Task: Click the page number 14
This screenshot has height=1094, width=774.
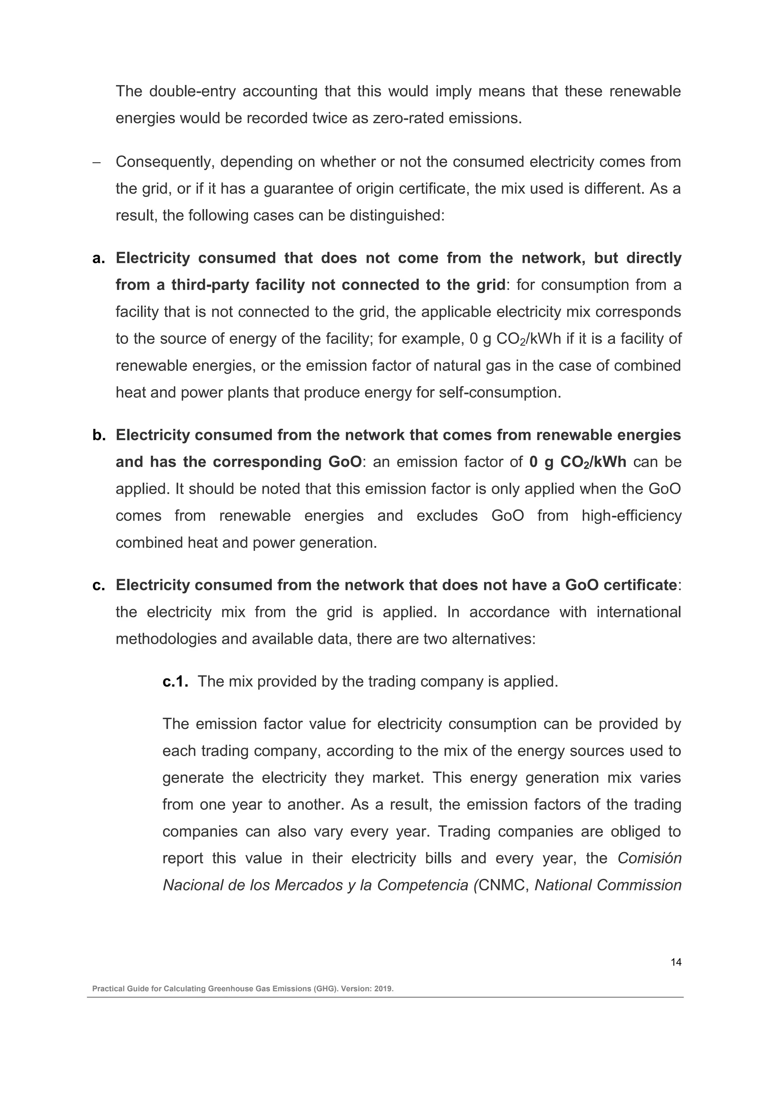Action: coord(676,962)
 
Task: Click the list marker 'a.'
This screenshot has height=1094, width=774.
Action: coord(99,258)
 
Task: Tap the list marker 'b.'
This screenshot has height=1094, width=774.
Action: coord(99,435)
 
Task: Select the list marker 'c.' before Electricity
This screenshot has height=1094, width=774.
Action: coord(99,585)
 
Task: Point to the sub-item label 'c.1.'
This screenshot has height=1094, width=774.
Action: coord(175,681)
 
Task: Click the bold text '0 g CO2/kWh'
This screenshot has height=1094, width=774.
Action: coord(577,462)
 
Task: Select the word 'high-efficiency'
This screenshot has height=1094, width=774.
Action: coord(631,516)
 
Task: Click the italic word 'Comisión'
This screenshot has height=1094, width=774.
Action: coord(649,858)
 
